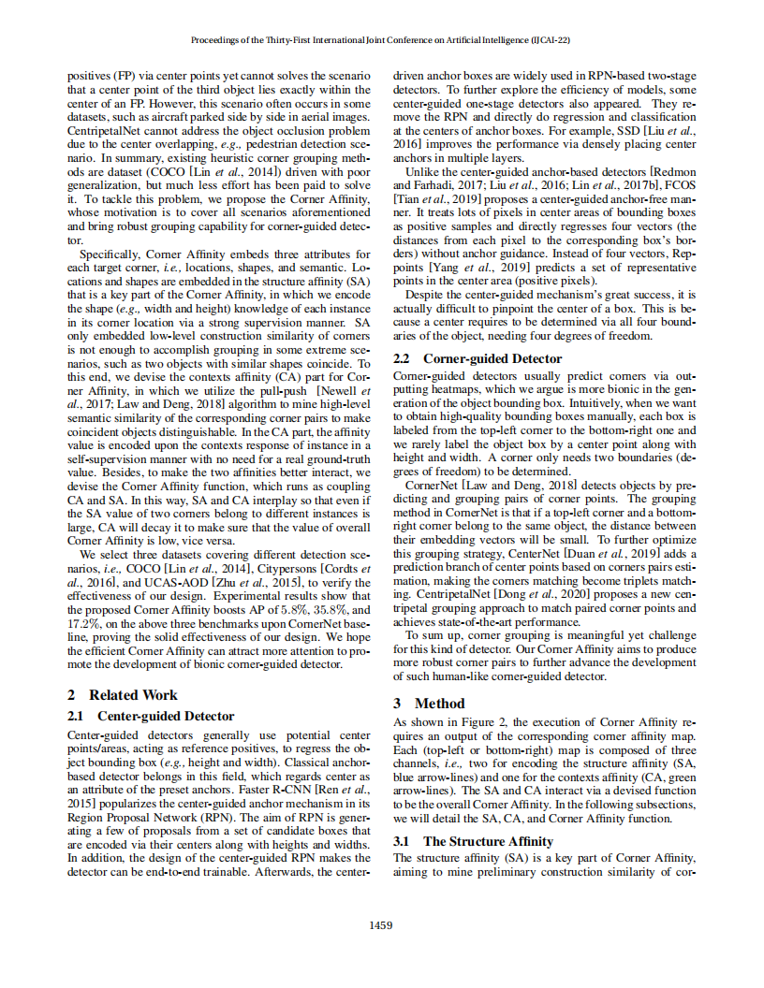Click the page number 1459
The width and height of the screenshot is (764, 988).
point(381,925)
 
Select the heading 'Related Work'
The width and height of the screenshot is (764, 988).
point(133,695)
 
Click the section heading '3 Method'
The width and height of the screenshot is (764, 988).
point(428,703)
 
